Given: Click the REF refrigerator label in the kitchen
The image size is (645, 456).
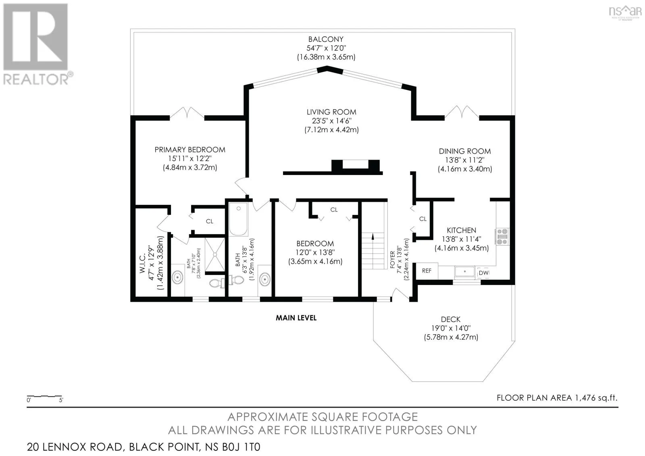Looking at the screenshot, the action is coord(427,271).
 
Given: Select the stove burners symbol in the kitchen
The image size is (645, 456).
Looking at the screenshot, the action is coord(502,237).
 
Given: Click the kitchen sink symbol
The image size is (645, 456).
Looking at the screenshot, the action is coord(465,271).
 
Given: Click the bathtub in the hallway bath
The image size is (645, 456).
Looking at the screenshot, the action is coord(238,219).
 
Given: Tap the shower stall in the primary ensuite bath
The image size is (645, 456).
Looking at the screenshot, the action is coord(215,255).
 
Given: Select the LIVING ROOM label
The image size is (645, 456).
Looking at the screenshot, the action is coord(331,112).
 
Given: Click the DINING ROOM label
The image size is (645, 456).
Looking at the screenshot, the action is coord(465,151).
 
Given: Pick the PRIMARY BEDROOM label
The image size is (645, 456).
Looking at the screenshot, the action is coord(190,150).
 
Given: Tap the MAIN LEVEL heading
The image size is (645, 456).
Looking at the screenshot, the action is coord(296,318).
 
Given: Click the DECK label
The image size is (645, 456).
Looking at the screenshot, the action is coord(451,319).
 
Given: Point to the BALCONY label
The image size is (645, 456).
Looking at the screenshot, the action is coord(326,39).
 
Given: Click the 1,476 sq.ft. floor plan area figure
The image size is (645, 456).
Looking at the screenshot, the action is coord(596,398).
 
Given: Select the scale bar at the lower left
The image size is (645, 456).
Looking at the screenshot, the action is coord(45,397).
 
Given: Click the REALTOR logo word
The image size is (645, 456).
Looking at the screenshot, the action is coord(36,79).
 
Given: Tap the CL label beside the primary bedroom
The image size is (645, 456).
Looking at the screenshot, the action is coord(209,221).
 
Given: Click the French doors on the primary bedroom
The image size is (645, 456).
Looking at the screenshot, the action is coord(187,113).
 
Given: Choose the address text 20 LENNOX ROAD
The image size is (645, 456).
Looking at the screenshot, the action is coord(75,447).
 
